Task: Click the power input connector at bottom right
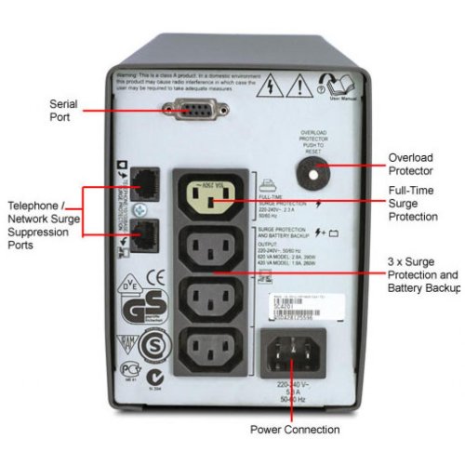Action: (297, 352)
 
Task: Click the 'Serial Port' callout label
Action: (63, 113)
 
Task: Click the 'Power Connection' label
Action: (295, 429)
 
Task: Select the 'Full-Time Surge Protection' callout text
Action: (414, 204)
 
